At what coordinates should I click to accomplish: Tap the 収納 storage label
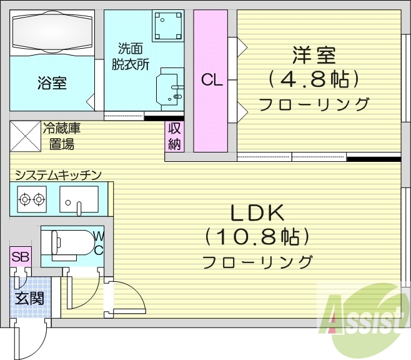pos(174,136)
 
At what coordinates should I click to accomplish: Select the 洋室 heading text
pos(314,56)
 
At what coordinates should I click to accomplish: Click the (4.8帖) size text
pos(314,79)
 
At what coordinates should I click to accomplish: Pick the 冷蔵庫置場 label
pos(62,136)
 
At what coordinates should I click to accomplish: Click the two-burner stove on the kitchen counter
pos(32,199)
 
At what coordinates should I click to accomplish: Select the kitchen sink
pos(79,200)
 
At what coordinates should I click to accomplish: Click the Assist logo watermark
pos(365,316)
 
